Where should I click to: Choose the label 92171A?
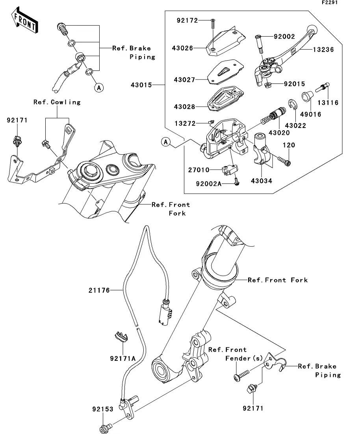[x=123, y=358]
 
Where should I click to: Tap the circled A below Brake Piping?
[x=98, y=88]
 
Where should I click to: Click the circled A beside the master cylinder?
[x=166, y=141]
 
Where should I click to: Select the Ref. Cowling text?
[x=57, y=102]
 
